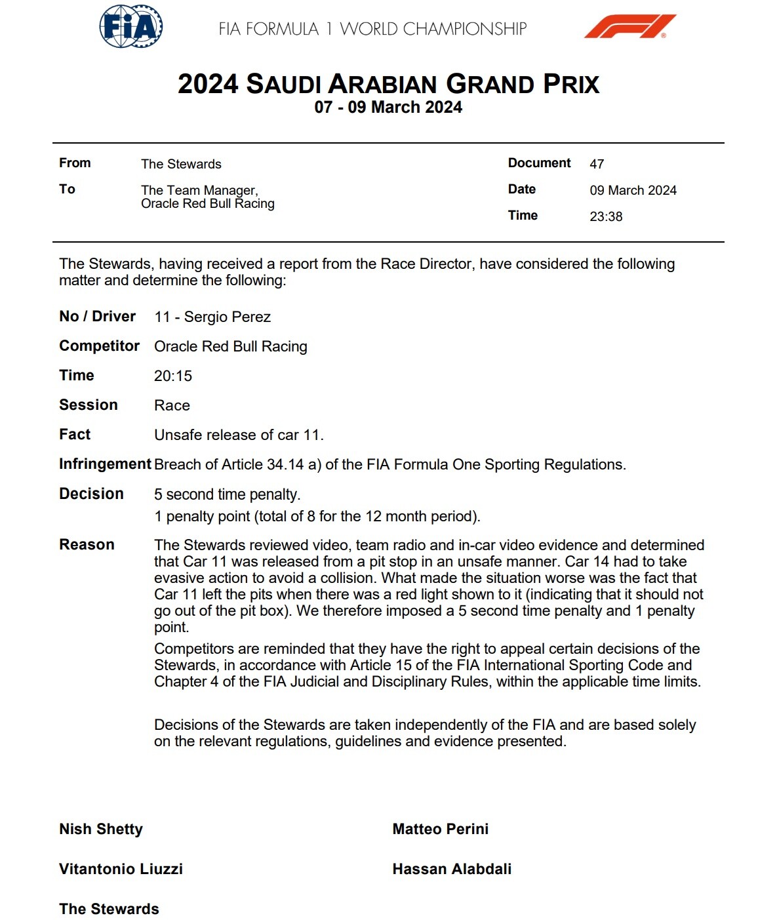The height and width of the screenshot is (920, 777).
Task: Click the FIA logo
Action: point(131,27)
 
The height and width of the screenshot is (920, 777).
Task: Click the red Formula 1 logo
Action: point(629,26)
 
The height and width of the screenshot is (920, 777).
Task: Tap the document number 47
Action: point(597,164)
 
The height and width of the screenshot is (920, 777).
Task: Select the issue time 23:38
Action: point(606,216)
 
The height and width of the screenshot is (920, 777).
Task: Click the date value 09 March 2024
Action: point(633,190)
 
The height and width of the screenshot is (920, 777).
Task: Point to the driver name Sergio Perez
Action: point(227,317)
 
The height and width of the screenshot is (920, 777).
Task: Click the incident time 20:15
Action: point(173,376)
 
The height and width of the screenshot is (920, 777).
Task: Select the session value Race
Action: point(172,405)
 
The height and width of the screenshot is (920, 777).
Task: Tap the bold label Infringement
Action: point(105,464)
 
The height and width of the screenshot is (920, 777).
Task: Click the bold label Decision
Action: point(91,494)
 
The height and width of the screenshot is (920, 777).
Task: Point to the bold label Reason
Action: point(87,544)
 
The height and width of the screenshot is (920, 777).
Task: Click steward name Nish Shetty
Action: point(101,829)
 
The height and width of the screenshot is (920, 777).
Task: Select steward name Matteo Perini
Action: point(441,829)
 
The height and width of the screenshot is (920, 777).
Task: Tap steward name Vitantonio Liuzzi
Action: point(121,869)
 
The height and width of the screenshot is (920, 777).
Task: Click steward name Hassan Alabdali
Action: point(452,869)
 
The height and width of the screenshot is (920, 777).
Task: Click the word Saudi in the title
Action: point(283,85)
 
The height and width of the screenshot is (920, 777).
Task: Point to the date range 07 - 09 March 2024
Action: point(388,108)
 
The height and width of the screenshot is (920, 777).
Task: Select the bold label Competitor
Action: point(99,346)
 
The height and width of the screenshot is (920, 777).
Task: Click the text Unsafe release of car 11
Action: point(239,435)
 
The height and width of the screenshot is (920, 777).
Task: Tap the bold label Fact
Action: point(75,434)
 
